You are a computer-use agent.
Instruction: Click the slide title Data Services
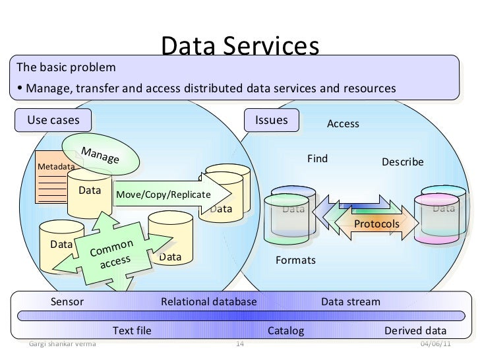coord(240,46)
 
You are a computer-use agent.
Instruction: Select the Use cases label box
coord(53,120)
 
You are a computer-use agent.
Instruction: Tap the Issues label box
coord(271,120)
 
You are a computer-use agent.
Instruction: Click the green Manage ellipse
coord(101,155)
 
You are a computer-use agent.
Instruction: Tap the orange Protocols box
coord(376,224)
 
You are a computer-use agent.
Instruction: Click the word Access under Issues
coord(344,124)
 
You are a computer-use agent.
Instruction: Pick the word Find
coord(317,159)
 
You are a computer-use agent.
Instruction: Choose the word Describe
coord(403,162)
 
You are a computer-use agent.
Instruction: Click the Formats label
coord(295,260)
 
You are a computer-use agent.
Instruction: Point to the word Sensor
coord(67,302)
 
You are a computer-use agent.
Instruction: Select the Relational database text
coord(208,302)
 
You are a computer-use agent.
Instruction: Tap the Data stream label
coord(350,302)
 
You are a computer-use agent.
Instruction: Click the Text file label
coord(132,330)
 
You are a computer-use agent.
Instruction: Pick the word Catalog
coord(285,330)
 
